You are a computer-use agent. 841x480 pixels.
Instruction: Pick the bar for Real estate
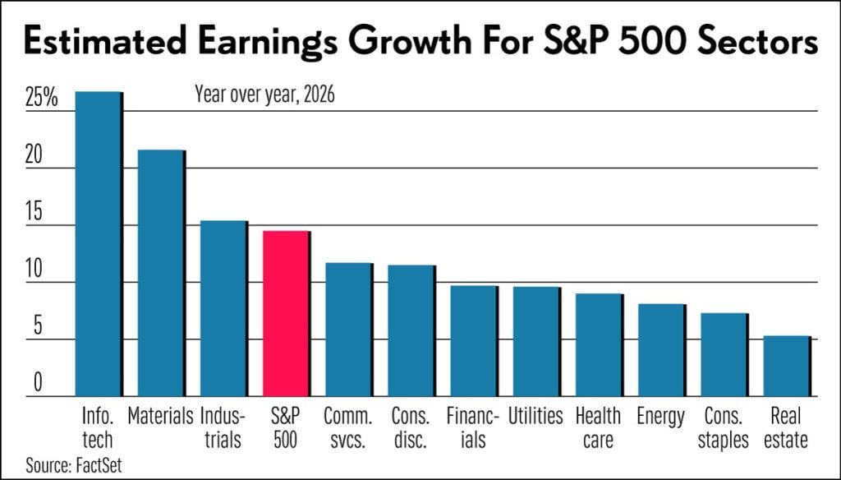786,367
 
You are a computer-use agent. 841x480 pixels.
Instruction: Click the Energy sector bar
660,350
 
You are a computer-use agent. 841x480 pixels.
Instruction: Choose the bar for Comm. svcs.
348,330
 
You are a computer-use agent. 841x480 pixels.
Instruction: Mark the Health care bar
598,345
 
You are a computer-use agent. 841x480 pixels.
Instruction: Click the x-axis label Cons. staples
723,427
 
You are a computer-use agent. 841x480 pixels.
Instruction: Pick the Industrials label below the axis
223,427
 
